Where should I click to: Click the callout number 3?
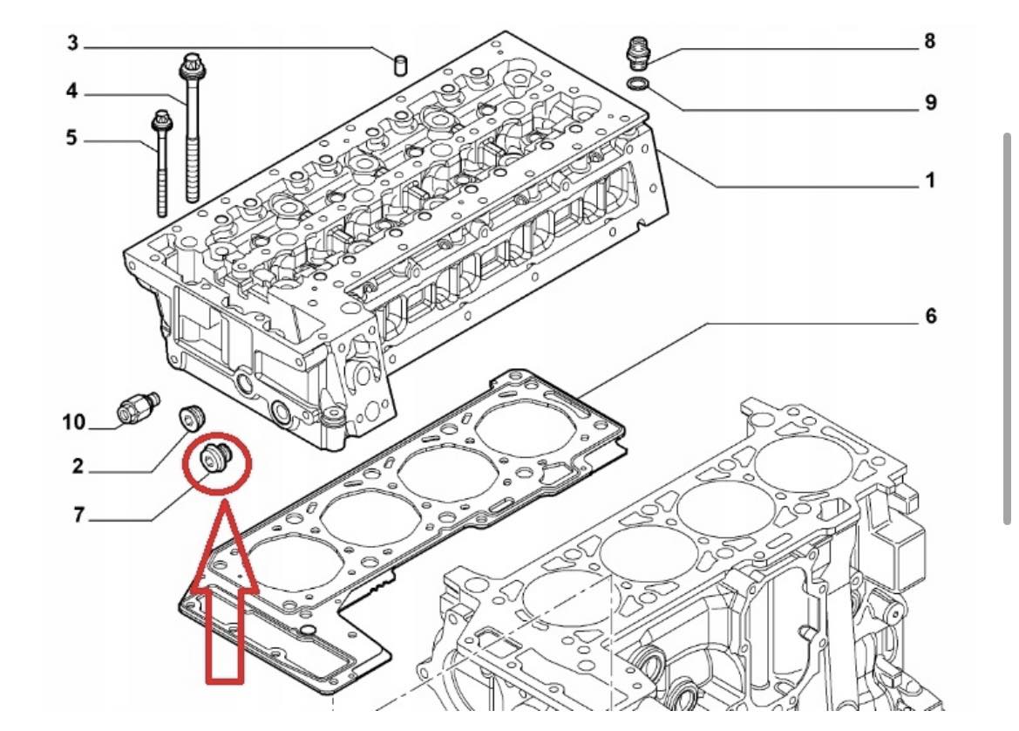pos(72,43)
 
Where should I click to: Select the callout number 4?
pos(71,91)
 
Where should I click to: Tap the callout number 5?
pos(71,138)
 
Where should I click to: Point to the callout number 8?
pos(930,41)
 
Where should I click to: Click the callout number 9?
pos(931,102)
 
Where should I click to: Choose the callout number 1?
pos(931,180)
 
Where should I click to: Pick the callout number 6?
pos(931,316)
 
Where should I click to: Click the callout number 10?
pos(73,422)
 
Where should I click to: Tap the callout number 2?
pos(78,466)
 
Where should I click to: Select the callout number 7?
pos(78,515)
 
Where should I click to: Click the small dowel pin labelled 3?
pos(401,65)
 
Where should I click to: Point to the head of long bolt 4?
pos(189,65)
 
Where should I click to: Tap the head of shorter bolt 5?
pos(160,121)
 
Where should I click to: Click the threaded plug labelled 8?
pos(637,54)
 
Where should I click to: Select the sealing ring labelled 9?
pos(638,83)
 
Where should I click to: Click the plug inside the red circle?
pos(215,457)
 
